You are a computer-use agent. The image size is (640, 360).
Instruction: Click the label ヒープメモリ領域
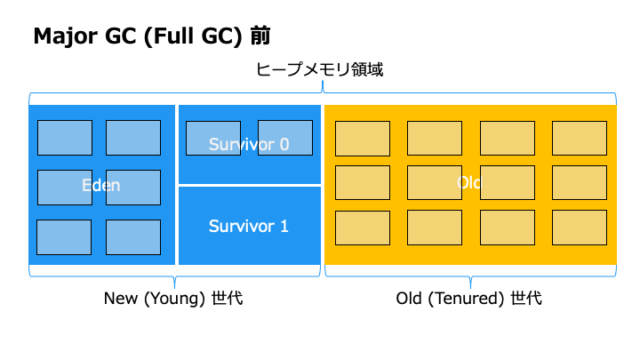tap(320, 71)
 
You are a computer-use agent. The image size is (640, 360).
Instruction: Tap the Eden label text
tap(101, 185)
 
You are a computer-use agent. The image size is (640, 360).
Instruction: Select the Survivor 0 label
tap(249, 144)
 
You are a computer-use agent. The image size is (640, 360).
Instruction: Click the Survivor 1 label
tap(249, 226)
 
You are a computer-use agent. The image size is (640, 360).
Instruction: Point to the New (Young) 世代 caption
tap(174, 298)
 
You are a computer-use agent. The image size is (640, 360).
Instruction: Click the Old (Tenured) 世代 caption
tap(469, 298)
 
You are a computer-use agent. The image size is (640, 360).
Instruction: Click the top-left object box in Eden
tap(65, 137)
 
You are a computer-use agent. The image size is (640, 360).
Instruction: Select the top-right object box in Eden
tap(133, 137)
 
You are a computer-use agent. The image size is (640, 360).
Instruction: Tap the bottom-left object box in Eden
tap(65, 237)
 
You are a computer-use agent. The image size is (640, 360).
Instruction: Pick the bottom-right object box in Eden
tap(133, 237)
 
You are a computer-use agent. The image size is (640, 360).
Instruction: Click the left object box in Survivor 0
tap(213, 138)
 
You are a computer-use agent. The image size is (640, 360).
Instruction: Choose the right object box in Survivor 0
tap(285, 138)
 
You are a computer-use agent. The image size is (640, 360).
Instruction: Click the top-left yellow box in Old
tap(362, 138)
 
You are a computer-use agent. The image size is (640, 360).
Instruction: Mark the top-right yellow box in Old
tap(579, 138)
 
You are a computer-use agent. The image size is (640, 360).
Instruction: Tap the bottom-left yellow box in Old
tap(362, 227)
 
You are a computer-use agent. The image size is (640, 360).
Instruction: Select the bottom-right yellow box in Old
tap(579, 227)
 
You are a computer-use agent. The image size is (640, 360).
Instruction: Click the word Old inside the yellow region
tap(469, 183)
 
